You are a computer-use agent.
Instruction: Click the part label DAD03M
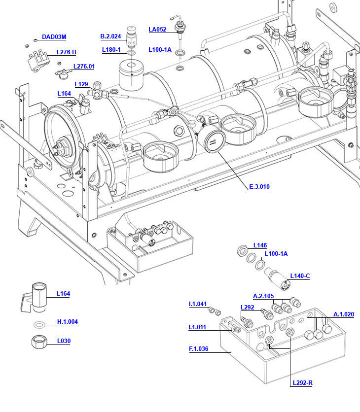point(54,37)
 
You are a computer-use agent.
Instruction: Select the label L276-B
point(66,52)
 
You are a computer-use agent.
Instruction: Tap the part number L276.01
point(84,67)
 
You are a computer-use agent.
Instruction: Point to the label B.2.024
point(110,36)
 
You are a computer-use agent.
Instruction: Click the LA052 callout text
point(157,30)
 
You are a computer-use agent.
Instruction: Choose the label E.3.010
point(259,187)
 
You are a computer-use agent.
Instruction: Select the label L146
point(260,245)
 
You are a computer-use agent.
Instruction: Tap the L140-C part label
point(300,275)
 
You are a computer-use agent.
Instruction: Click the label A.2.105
point(263,296)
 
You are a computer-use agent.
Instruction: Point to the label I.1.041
point(198,304)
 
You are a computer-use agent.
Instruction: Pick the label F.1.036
point(199,349)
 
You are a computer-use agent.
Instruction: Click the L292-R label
point(302,383)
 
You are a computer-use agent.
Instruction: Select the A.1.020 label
point(344,314)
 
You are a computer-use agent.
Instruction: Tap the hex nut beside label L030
point(39,342)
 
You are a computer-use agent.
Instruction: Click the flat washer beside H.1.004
point(39,324)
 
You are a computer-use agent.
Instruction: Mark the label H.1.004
point(67,322)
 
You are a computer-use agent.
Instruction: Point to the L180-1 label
point(111,50)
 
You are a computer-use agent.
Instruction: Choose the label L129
point(81,84)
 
